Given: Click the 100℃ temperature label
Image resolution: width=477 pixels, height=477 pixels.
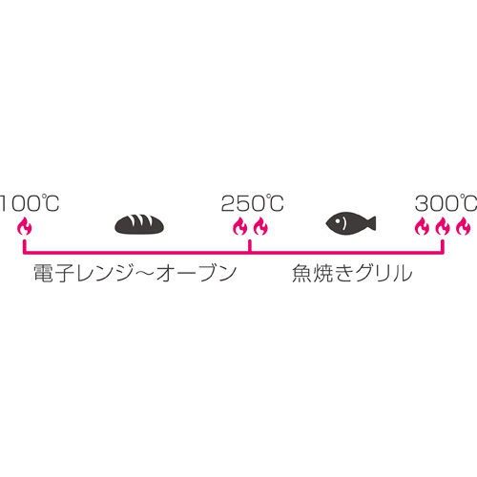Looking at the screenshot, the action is tap(30, 203).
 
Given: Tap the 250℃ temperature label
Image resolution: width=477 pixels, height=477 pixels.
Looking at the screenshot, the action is tap(253, 203).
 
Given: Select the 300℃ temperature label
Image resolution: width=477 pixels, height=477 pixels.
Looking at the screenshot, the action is tap(446, 203).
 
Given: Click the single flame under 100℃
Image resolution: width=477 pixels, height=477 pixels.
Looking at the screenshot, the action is tap(25, 227).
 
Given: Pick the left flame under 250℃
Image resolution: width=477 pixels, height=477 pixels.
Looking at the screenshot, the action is tap(240, 227).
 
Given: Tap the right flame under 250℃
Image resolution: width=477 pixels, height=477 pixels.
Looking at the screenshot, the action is tap(260, 227).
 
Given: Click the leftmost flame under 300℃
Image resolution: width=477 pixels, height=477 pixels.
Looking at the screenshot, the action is tap(423, 227).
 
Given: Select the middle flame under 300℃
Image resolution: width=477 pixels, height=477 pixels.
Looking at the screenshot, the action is tap(443, 227).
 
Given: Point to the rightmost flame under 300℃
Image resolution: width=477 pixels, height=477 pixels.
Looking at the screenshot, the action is tap(463, 227).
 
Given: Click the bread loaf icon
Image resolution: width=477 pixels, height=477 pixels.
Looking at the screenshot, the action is tap(139, 224).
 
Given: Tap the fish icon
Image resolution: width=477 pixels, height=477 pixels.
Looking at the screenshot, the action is tap(351, 223).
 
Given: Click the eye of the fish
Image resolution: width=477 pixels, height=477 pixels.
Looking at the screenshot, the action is tap(337, 220).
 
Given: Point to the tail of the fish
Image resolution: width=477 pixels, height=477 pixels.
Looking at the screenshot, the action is tap(371, 223).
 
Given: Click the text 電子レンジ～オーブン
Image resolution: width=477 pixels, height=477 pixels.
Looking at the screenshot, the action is tap(135, 274).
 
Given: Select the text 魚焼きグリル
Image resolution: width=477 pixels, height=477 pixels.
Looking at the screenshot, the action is tap(352, 274).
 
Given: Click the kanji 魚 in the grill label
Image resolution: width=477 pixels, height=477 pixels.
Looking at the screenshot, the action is tap(301, 274).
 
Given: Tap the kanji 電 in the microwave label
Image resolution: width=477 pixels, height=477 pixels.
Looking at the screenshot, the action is tap(44, 274).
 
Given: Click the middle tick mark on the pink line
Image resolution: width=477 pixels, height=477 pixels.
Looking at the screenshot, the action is tap(250, 246).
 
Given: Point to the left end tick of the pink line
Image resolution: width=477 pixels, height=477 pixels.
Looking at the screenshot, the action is tap(25, 246).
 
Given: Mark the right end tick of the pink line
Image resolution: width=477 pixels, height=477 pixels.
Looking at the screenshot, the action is tap(443, 246).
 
